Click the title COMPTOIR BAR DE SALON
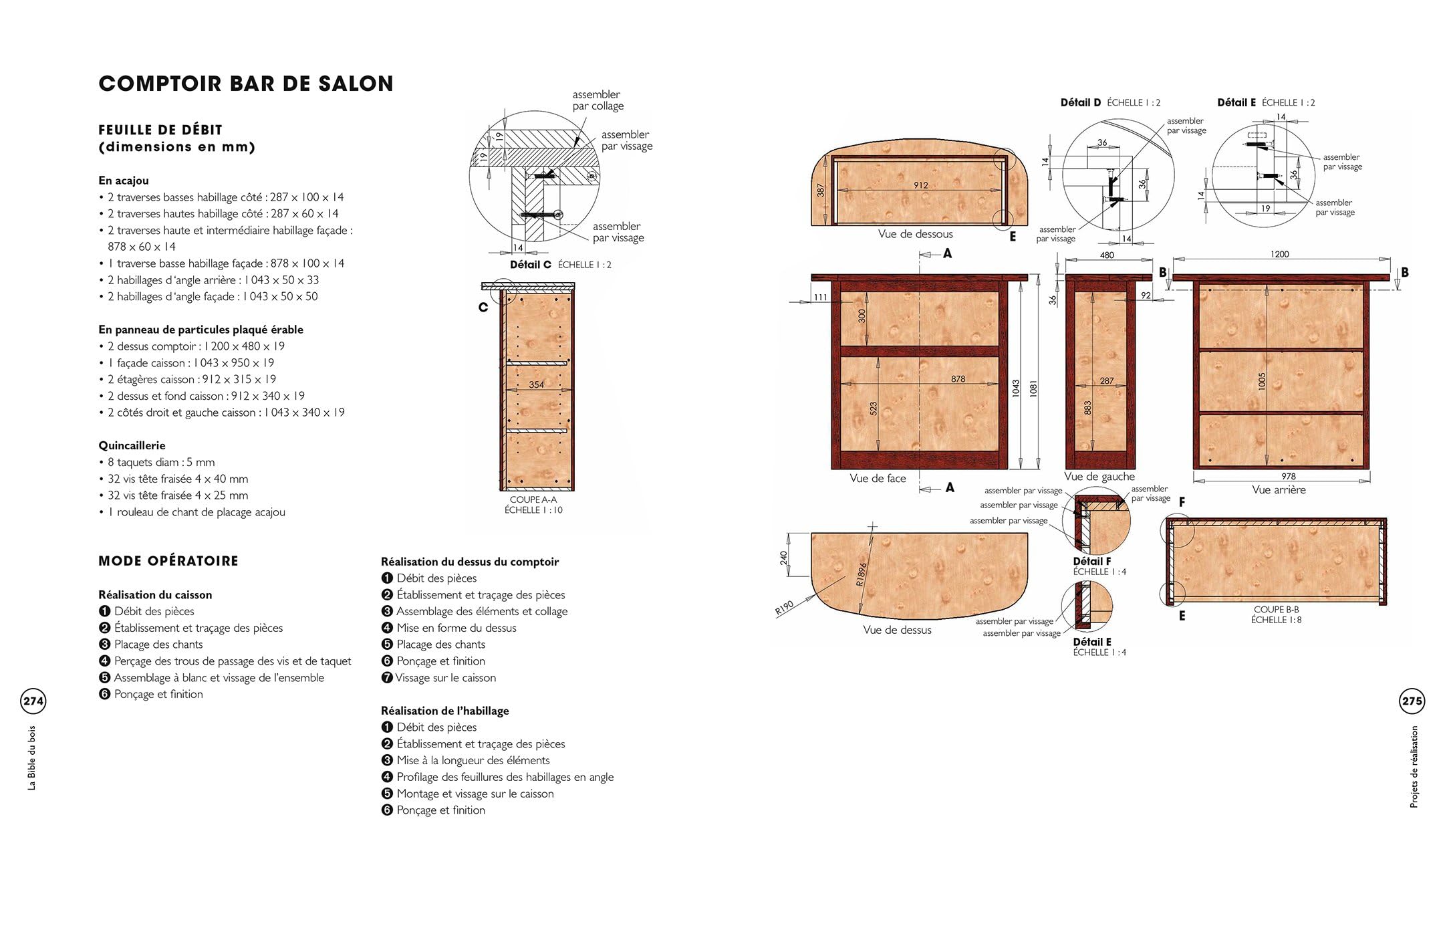tap(246, 84)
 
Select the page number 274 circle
tap(33, 701)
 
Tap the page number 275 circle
tap(1412, 701)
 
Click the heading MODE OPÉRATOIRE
tap(168, 561)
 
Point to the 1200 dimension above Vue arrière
tap(1279, 254)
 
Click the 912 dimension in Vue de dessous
tap(921, 185)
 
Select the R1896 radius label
tap(862, 574)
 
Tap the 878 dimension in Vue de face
tap(958, 378)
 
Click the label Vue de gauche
tap(1099, 476)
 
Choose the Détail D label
tap(1080, 102)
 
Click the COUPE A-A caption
tap(533, 499)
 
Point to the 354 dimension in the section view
tap(536, 384)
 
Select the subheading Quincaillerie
tap(132, 445)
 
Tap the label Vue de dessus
tap(897, 629)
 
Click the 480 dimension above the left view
tap(1107, 255)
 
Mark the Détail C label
tap(531, 264)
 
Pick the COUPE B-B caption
tap(1277, 609)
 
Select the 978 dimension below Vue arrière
tap(1289, 476)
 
